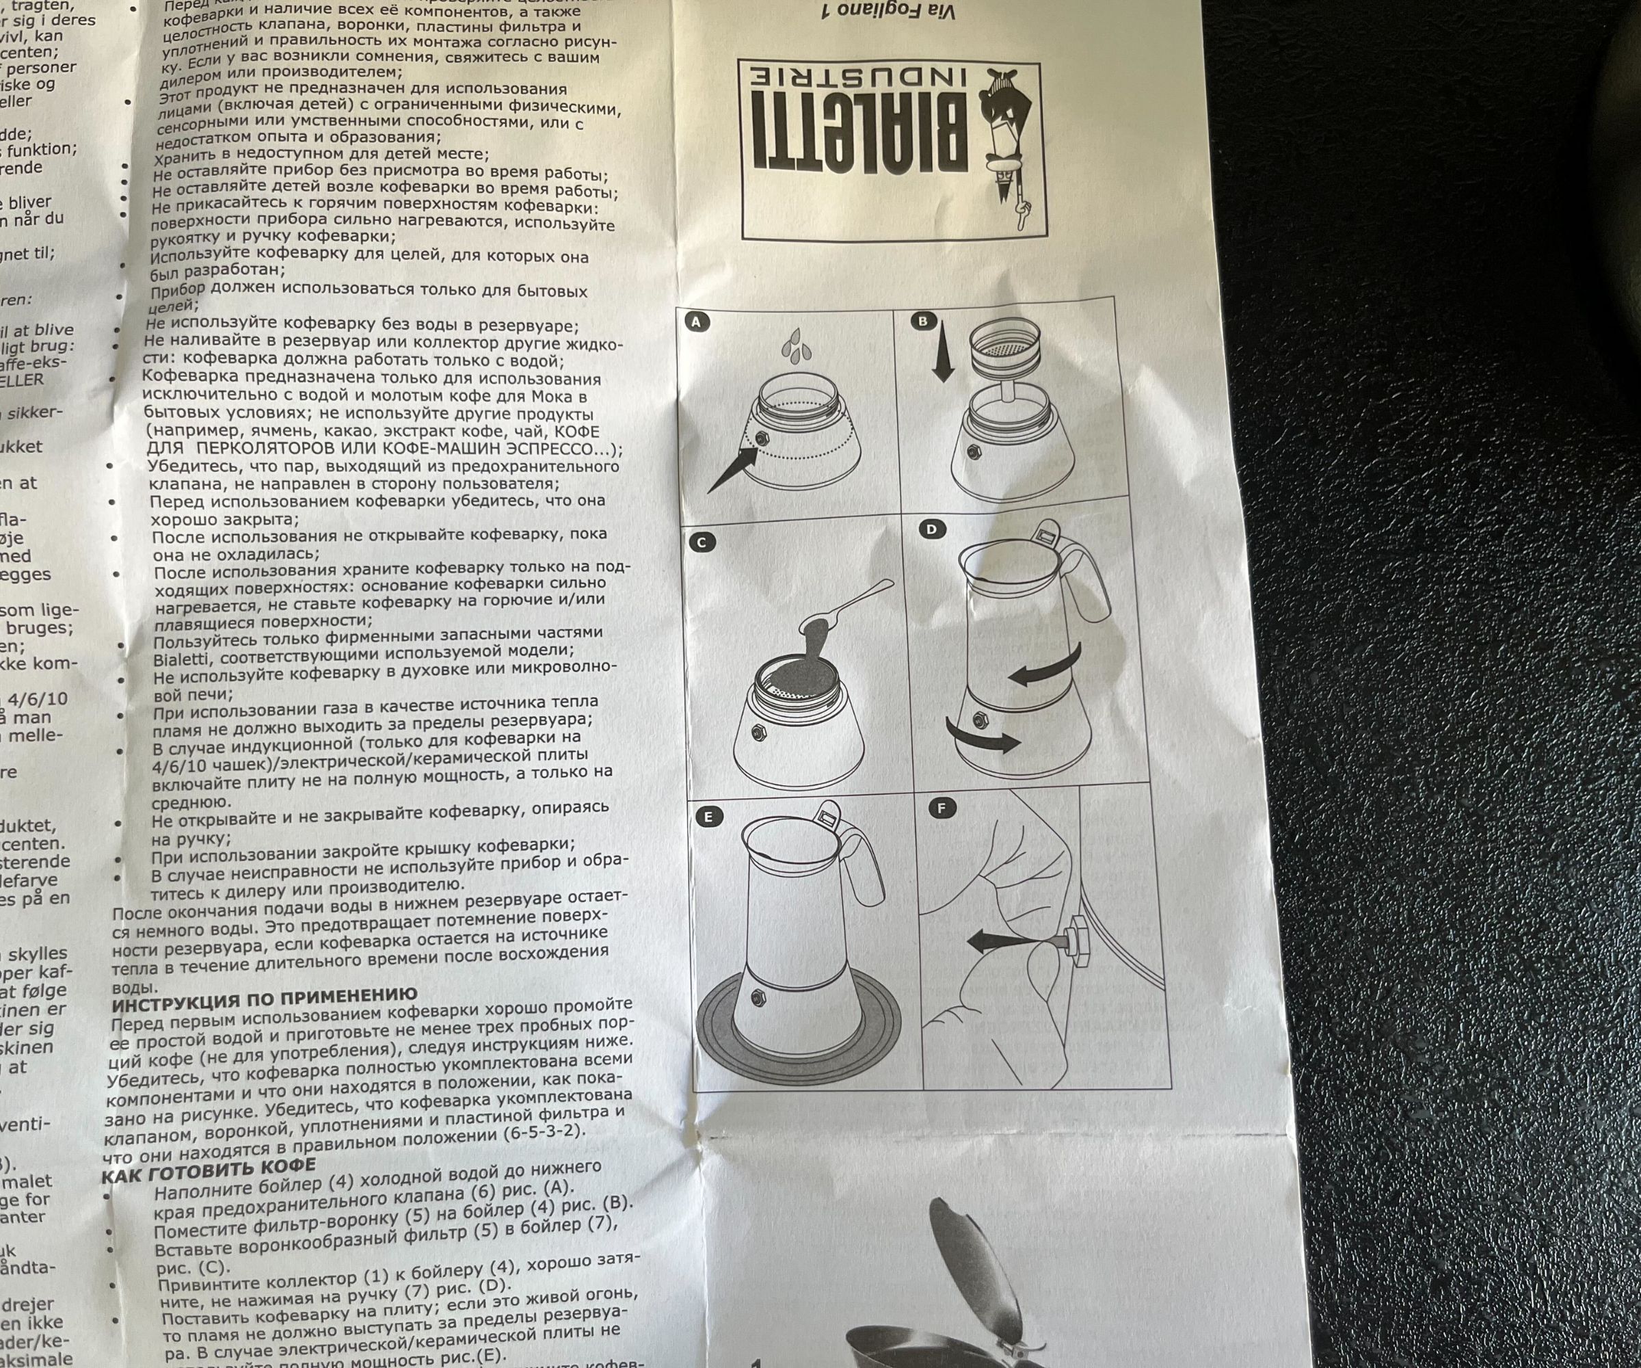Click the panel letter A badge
[696, 322]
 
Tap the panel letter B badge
[923, 321]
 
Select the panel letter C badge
[702, 542]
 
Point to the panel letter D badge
[931, 529]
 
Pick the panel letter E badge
[708, 817]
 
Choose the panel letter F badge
[942, 808]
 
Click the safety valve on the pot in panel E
[756, 997]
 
